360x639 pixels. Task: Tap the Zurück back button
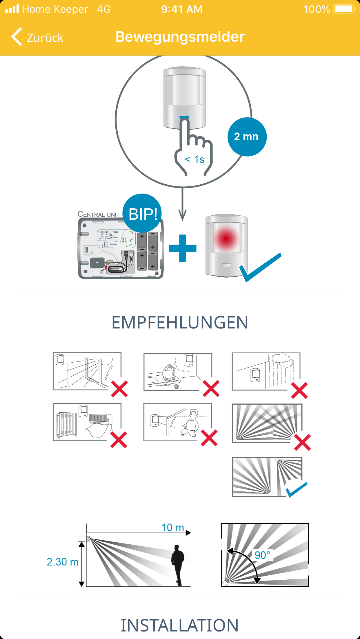tap(37, 37)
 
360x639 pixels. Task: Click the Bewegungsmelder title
tap(180, 37)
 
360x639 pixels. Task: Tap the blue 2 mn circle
tap(247, 137)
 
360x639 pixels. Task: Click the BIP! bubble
tap(142, 214)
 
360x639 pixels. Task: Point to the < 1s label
tap(195, 159)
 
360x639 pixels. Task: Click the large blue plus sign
tap(183, 248)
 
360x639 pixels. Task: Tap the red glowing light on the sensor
tap(226, 238)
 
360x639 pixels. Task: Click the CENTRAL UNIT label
tap(99, 214)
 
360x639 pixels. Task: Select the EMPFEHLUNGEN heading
tap(180, 322)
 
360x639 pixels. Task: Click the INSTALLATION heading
tap(180, 625)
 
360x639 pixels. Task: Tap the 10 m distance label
tap(173, 527)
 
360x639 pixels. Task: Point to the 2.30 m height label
tap(63, 562)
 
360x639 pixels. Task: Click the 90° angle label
tap(262, 555)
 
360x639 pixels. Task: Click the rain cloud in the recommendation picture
tap(282, 360)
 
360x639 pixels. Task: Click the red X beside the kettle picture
tap(211, 388)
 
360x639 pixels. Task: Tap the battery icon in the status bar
tap(344, 9)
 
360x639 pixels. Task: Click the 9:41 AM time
tap(182, 9)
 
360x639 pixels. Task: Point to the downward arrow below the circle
tap(182, 205)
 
